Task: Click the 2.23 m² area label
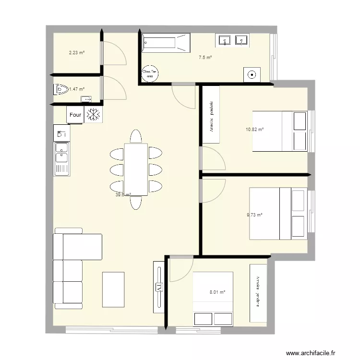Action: (76, 53)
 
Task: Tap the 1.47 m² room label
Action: (77, 89)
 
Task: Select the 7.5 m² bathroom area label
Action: (205, 58)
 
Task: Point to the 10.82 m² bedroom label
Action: (254, 130)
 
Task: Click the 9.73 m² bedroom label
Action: (254, 215)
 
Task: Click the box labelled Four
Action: (75, 115)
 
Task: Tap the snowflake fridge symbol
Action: (93, 115)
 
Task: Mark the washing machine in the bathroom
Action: (252, 74)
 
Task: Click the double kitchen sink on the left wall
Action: (62, 153)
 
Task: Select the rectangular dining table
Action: (136, 169)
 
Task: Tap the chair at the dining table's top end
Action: (136, 136)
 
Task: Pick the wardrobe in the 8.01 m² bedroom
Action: (258, 293)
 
